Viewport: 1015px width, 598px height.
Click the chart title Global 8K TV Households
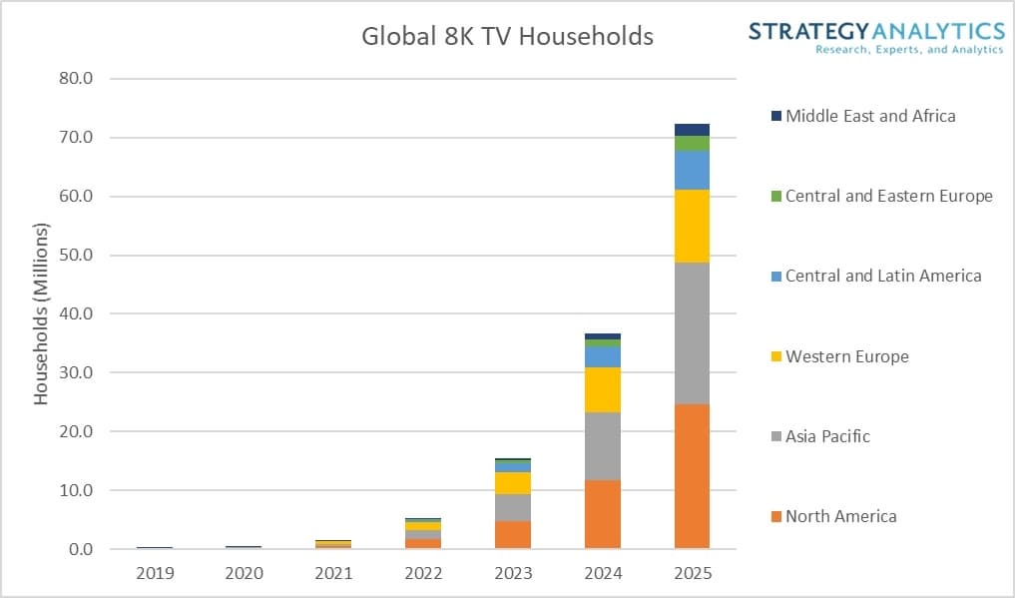coord(507,37)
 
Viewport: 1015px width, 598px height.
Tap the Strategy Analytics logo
coord(876,36)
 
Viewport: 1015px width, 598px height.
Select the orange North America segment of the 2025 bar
coord(692,476)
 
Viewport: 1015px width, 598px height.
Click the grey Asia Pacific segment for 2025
coord(692,333)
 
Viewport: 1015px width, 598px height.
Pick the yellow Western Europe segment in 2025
coord(692,226)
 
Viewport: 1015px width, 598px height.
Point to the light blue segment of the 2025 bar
coord(692,171)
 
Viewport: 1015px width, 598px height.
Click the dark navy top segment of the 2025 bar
coord(692,130)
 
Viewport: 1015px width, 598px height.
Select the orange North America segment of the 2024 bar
coord(602,514)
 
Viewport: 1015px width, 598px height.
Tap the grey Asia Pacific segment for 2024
coord(602,446)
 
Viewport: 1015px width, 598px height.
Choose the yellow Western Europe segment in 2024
coord(602,389)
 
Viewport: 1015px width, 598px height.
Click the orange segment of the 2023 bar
coord(512,534)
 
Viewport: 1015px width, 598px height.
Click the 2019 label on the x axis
coord(155,573)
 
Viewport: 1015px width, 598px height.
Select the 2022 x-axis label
coord(423,573)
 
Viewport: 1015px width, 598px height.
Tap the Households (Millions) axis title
coord(41,312)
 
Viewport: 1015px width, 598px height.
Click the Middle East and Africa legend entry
coord(869,116)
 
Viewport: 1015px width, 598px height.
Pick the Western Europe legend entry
coord(846,356)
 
